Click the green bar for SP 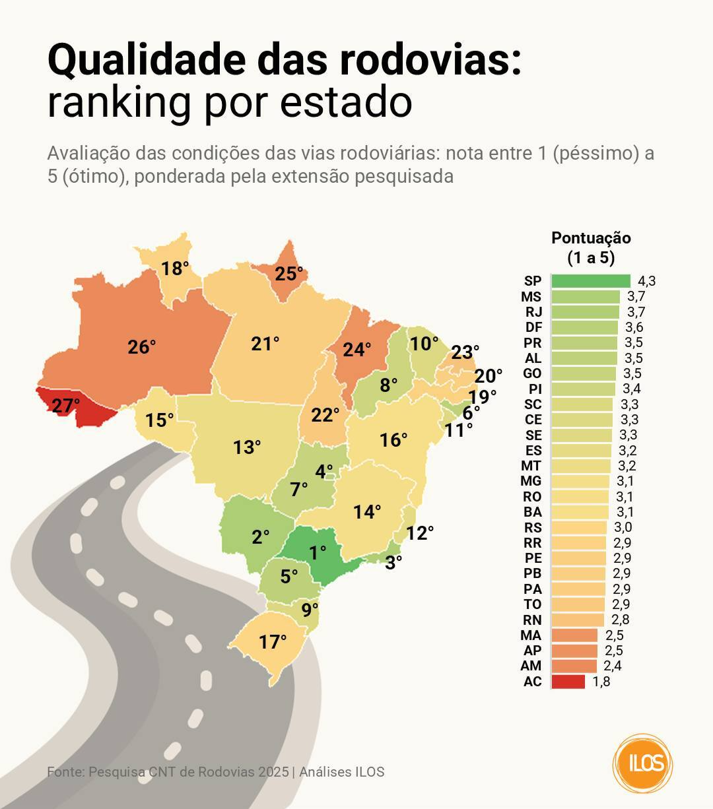click(590, 281)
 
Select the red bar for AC click(568, 682)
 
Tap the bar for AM click(574, 666)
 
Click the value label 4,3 click(646, 281)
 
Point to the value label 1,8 click(601, 682)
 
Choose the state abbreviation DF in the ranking click(533, 327)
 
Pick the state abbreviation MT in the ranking click(531, 466)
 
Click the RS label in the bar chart click(533, 527)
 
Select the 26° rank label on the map click(142, 346)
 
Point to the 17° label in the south click(273, 641)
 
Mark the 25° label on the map click(289, 273)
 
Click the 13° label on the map click(247, 447)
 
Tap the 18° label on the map click(175, 269)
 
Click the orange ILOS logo click(642, 763)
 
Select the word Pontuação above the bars click(591, 238)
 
